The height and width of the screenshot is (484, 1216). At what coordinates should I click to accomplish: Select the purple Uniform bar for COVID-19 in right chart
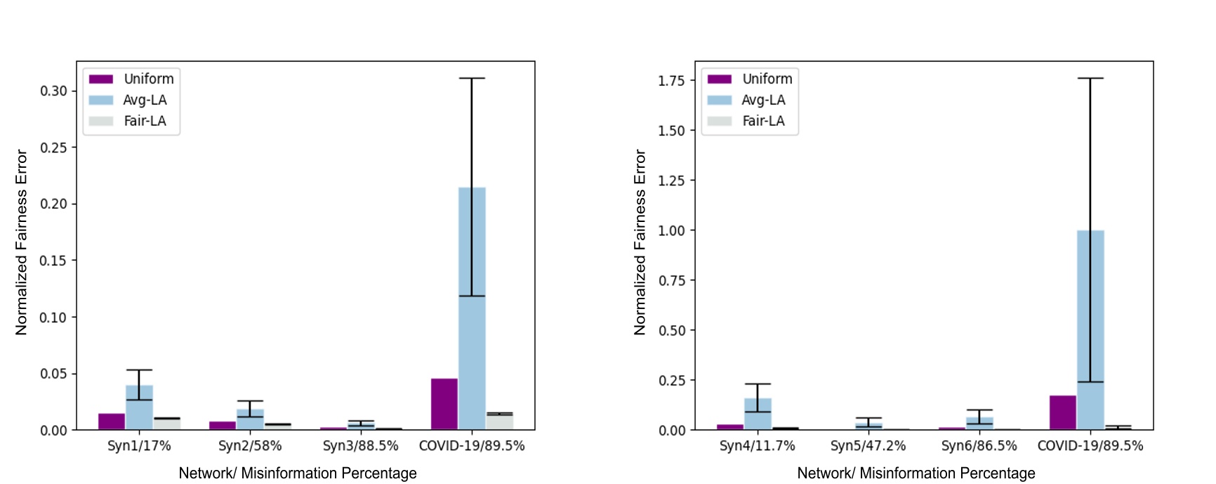(x=1062, y=412)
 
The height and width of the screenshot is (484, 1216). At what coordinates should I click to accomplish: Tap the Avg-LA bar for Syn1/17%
(x=139, y=407)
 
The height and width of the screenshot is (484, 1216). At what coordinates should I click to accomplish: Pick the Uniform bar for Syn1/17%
(x=112, y=421)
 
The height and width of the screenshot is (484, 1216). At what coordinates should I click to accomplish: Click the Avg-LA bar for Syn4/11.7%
(x=758, y=414)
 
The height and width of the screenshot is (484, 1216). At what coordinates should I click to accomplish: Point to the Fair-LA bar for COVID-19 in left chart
(x=499, y=421)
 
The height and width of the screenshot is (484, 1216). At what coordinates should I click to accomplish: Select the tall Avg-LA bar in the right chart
(x=1090, y=330)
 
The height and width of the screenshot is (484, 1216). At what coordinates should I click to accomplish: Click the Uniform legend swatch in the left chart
(x=101, y=79)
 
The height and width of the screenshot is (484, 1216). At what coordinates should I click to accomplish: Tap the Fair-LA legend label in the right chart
(x=763, y=121)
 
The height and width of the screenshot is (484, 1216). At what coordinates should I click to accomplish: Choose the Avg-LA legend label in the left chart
(x=145, y=100)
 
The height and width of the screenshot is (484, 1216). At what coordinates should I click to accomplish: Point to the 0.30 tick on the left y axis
(x=53, y=91)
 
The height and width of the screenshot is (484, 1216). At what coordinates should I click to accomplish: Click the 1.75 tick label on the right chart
(x=671, y=81)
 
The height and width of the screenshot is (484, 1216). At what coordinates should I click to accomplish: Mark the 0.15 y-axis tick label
(x=53, y=261)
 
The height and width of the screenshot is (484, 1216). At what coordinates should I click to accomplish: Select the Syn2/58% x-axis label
(x=250, y=446)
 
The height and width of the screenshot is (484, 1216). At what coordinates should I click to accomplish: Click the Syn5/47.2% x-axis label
(x=868, y=446)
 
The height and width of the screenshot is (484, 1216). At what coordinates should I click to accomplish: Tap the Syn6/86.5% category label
(x=979, y=446)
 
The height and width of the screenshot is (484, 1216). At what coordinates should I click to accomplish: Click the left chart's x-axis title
(x=298, y=473)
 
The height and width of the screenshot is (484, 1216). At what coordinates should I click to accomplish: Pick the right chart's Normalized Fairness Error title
(x=640, y=242)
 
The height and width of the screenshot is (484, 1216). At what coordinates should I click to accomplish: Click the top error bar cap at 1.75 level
(x=1090, y=78)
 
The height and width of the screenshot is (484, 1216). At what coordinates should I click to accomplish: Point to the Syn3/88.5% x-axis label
(x=360, y=446)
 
